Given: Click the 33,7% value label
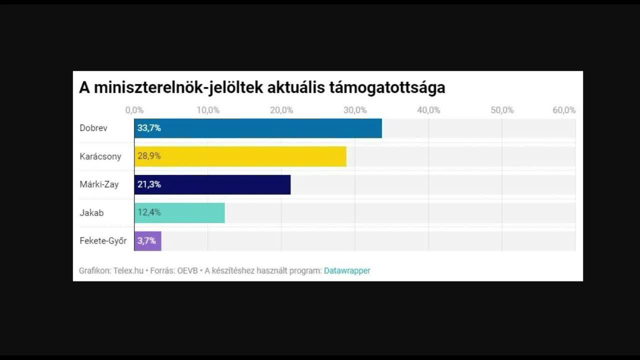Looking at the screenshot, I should point(149,128).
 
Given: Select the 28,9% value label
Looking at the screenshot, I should point(149,156).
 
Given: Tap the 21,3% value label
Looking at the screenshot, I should point(149,184).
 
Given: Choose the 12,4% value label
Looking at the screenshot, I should point(149,212).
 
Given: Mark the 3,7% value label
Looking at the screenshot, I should point(147,240).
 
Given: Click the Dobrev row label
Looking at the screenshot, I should point(93,128).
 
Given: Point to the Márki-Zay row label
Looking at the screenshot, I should point(99,184).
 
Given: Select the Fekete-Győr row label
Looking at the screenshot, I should point(103,240).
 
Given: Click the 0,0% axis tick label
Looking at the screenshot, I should point(134,110).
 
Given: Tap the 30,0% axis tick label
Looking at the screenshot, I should point(355,110).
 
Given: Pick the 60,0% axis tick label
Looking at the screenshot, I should point(564,110).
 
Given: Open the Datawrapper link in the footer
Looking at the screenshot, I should point(347,270).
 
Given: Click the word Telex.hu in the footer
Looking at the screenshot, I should point(128,270).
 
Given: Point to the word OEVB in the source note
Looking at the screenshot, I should point(187,270).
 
